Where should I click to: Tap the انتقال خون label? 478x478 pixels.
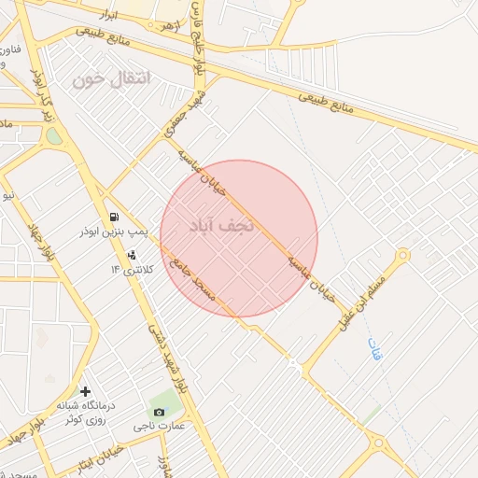click(x=111, y=79)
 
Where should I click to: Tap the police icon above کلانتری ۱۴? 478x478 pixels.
click(x=132, y=254)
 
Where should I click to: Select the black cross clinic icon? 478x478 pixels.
click(x=86, y=392)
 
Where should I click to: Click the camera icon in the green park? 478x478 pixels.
click(x=158, y=412)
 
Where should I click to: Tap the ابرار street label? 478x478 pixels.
click(x=113, y=18)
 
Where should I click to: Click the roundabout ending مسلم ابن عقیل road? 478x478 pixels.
click(x=402, y=255)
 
